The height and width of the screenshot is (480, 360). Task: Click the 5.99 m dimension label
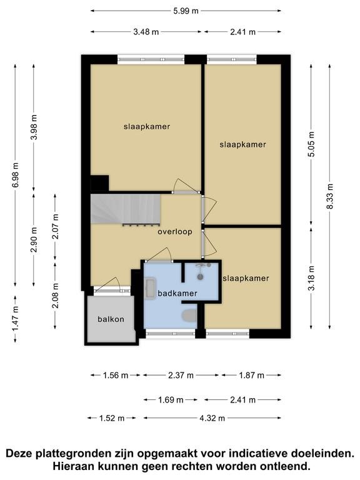tap(186, 11)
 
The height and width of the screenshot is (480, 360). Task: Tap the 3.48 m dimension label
tap(146, 31)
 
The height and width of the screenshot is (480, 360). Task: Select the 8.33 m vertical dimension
tap(330, 196)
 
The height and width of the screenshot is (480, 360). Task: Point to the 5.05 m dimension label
tap(311, 144)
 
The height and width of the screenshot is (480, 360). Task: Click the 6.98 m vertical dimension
tap(15, 176)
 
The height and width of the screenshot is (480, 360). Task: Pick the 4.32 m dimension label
tap(212, 418)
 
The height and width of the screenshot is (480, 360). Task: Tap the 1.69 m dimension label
tap(171, 400)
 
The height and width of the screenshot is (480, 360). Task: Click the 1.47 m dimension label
tap(15, 318)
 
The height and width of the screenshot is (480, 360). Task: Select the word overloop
tap(175, 232)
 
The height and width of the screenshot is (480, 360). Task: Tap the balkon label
tap(111, 319)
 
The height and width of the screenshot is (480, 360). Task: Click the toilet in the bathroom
tap(189, 316)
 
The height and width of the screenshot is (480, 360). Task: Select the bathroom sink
tap(150, 287)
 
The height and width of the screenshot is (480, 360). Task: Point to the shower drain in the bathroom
tap(200, 276)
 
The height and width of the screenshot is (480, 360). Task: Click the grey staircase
tap(126, 209)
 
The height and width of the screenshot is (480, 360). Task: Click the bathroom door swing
tap(159, 255)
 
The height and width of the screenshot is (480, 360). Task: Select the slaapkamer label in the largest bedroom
tap(147, 126)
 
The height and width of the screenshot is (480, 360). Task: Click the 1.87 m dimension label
tap(251, 375)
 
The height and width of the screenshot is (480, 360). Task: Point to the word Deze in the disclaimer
tap(19, 453)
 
